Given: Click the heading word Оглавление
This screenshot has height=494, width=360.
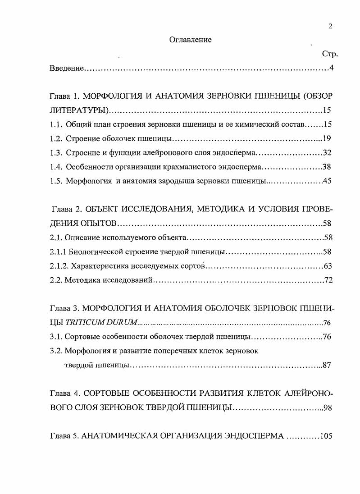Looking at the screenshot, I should [x=190, y=40].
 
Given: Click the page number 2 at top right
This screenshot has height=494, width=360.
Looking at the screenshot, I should [x=330, y=26].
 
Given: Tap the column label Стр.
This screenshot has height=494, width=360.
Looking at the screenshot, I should [x=330, y=55].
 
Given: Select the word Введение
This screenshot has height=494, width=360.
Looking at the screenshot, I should [x=67, y=69].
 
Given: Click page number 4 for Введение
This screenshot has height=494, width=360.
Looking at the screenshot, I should [x=331, y=69].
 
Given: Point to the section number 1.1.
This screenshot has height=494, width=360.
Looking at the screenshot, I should [x=55, y=124].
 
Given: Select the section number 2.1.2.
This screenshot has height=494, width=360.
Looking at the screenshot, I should [x=58, y=266].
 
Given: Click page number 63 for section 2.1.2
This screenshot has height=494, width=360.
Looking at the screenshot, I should [x=328, y=266].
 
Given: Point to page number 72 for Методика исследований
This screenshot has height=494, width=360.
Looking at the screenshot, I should [x=328, y=280].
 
